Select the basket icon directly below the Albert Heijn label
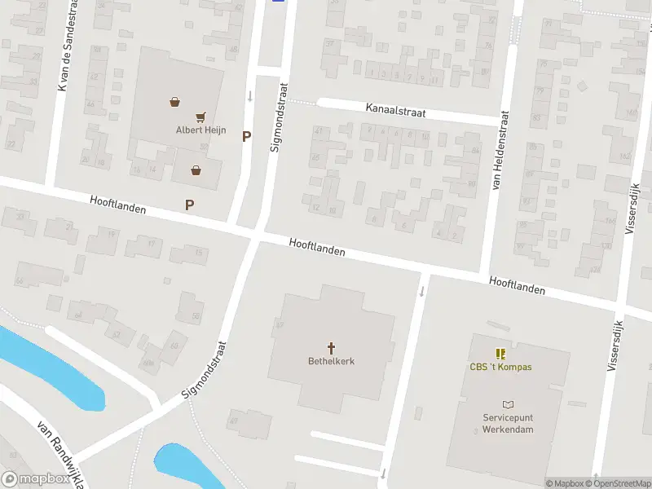[x=196, y=170]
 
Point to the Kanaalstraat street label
[x=396, y=111]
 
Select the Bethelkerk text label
[x=331, y=361]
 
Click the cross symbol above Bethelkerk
[x=332, y=347]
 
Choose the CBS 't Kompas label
[x=500, y=367]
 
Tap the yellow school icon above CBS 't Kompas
[x=500, y=354]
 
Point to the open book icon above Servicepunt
[x=508, y=404]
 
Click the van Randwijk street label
[x=61, y=457]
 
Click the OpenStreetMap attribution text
[x=616, y=483]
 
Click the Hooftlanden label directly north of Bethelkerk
[x=317, y=247]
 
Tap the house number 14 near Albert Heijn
[x=151, y=170]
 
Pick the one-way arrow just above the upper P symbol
[x=250, y=96]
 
